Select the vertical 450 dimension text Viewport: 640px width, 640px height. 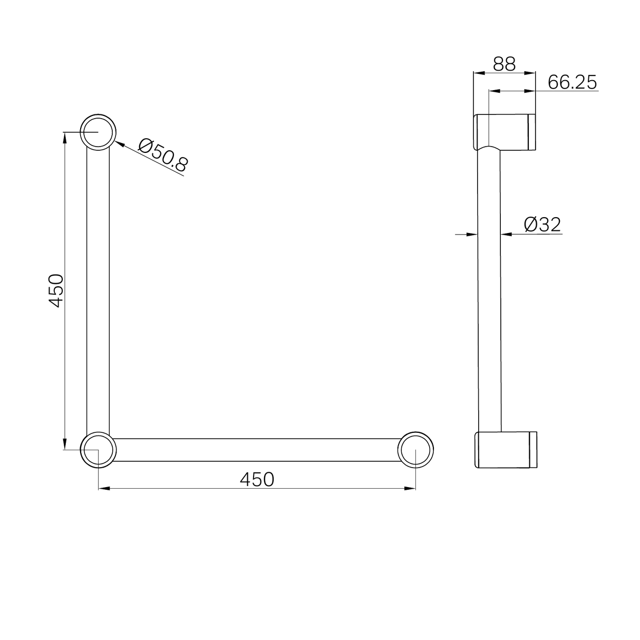[x=56, y=290]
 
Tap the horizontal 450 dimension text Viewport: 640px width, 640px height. [x=257, y=479]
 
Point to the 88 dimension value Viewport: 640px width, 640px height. [x=504, y=64]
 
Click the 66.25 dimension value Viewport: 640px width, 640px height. [x=572, y=82]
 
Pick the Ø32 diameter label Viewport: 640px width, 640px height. [x=542, y=225]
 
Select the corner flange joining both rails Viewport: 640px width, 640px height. [x=98, y=450]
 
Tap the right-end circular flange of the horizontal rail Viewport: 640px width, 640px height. [x=416, y=450]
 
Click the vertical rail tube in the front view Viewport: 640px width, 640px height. [x=98, y=290]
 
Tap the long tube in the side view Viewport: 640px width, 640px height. [x=489, y=290]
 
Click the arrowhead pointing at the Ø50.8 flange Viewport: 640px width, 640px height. [x=119, y=142]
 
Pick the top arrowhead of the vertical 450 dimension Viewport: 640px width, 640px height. [x=65, y=137]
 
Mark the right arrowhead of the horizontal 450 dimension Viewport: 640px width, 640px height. [x=411, y=489]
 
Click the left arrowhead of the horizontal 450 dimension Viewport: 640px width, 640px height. [x=104, y=489]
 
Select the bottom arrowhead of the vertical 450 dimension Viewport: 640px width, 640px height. [x=65, y=444]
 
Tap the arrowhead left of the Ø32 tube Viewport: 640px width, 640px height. [x=473, y=234]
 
